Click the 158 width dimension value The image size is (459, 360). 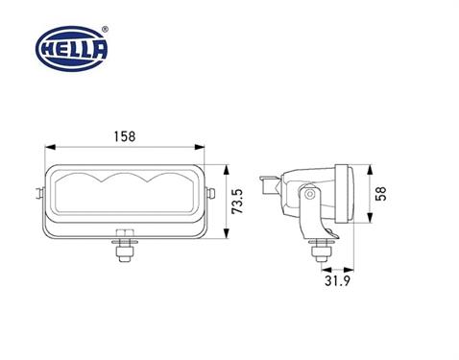[125, 135]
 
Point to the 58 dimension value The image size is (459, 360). [382, 195]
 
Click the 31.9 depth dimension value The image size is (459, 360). [338, 281]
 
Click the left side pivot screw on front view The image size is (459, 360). [41, 194]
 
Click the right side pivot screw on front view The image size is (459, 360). [209, 194]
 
